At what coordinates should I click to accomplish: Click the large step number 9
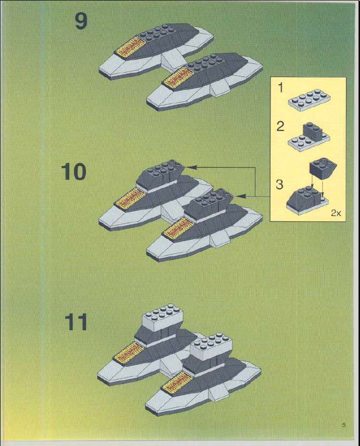81,21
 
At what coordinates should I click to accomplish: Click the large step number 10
73,171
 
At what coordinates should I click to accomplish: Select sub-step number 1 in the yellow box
281,88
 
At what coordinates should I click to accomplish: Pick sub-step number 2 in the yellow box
280,126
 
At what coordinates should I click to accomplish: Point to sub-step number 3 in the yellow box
280,185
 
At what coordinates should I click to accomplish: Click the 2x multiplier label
336,213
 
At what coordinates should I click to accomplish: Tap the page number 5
344,425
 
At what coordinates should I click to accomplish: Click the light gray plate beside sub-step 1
309,100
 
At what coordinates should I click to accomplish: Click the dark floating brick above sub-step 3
322,169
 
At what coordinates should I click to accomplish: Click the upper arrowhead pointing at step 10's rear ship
193,167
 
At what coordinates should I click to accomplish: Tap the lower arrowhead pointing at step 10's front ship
240,196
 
